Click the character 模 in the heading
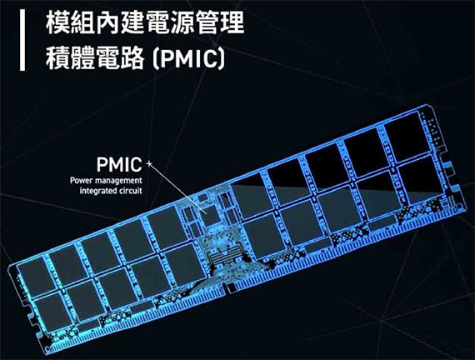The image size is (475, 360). click(57, 22)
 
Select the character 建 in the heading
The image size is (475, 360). click(132, 22)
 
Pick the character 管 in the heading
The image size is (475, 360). click(207, 22)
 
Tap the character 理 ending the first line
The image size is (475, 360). click(232, 22)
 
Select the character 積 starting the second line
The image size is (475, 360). click(57, 57)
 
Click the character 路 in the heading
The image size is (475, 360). click(132, 57)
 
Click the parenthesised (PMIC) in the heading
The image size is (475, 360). click(188, 59)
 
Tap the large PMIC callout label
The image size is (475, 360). click(119, 164)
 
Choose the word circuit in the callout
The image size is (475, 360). click(130, 191)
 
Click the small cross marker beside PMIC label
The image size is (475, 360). click(148, 164)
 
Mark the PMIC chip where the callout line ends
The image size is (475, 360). click(210, 215)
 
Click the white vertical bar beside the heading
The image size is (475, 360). click(22, 40)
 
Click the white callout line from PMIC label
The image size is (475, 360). click(177, 188)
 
